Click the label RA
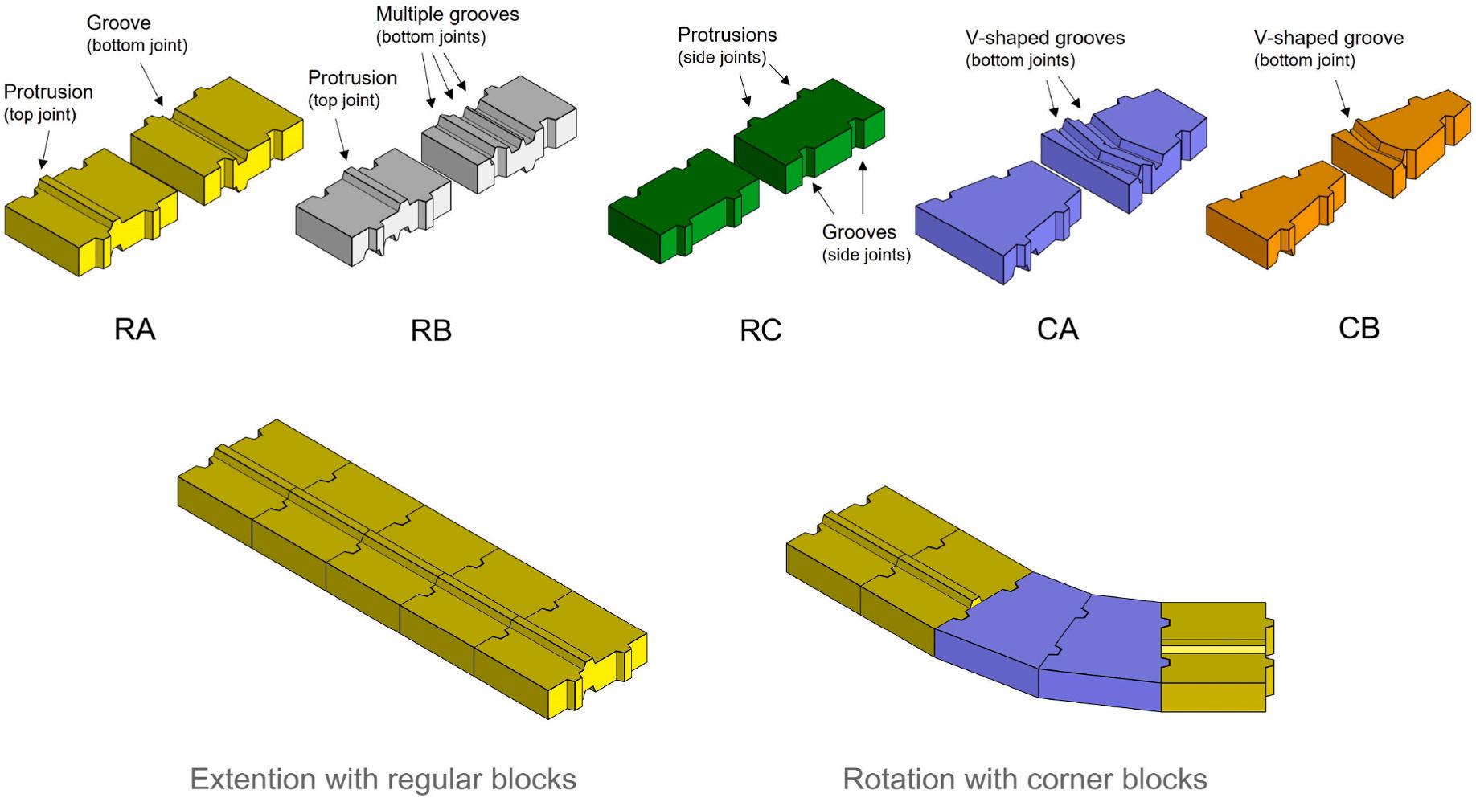pyautogui.click(x=134, y=329)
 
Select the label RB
pyautogui.click(x=431, y=330)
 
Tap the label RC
pyautogui.click(x=761, y=330)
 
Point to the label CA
pyautogui.click(x=1057, y=329)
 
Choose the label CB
pyautogui.click(x=1359, y=329)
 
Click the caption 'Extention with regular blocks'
pyautogui.click(x=383, y=780)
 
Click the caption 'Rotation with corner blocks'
pyautogui.click(x=1025, y=780)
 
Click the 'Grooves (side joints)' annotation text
pyautogui.click(x=866, y=243)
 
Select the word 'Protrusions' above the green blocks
pyautogui.click(x=728, y=35)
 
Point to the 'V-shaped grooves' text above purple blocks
pyautogui.click(x=1045, y=38)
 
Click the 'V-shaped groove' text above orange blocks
pyautogui.click(x=1329, y=38)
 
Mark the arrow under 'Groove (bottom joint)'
pyautogui.click(x=152, y=84)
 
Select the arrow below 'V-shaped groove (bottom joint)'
pyautogui.click(x=1342, y=98)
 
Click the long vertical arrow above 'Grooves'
pyautogui.click(x=863, y=188)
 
